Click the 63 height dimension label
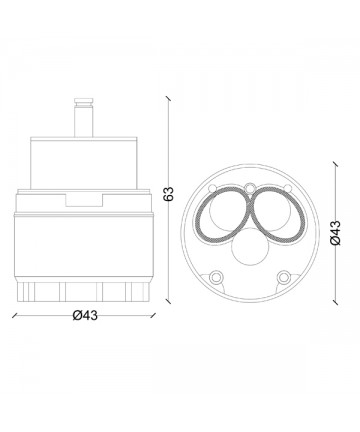pos(169,194)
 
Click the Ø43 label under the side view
pos(85,315)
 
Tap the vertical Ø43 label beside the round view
pos(336,233)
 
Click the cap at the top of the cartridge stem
pos(84,101)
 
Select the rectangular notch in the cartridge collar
pos(84,200)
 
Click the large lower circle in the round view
pos(249,247)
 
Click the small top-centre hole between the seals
pos(249,189)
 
